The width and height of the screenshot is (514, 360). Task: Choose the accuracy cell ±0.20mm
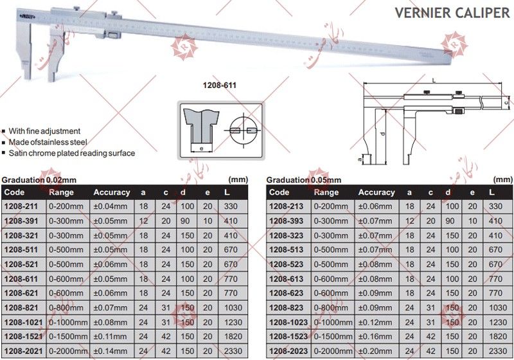pos(375,351)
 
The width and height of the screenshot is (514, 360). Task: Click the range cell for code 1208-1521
pos(68,336)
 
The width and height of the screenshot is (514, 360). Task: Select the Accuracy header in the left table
pos(111,192)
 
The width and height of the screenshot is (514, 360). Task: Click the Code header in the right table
pos(279,192)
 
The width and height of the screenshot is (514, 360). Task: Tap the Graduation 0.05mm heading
pos(303,180)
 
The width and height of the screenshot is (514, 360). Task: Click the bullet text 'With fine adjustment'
pos(44,130)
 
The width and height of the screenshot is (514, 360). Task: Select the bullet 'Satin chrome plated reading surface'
pos(71,154)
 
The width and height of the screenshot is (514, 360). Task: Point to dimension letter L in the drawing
pos(434,81)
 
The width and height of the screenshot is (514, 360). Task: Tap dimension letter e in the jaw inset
pos(201,148)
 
